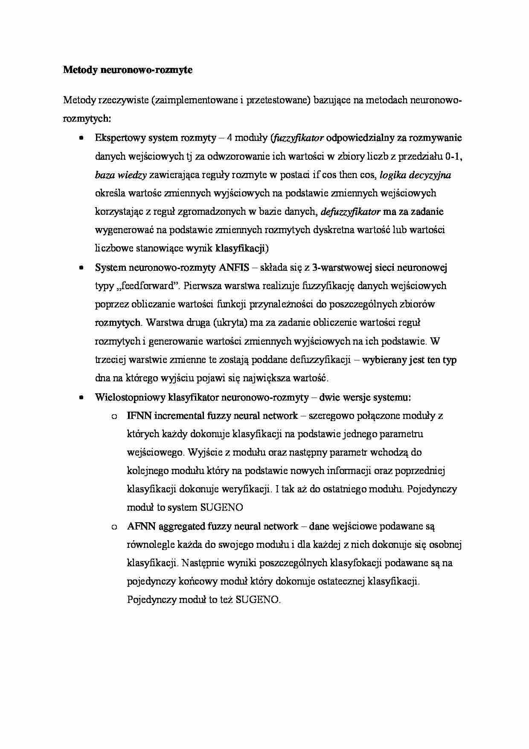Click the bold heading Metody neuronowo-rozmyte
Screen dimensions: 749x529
(128, 70)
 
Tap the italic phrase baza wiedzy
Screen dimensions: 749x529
(121, 175)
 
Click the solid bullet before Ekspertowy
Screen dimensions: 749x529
(81, 138)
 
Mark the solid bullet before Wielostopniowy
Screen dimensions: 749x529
(81, 397)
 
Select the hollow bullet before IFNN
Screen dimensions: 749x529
(114, 416)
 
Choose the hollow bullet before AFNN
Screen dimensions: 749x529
(114, 527)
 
